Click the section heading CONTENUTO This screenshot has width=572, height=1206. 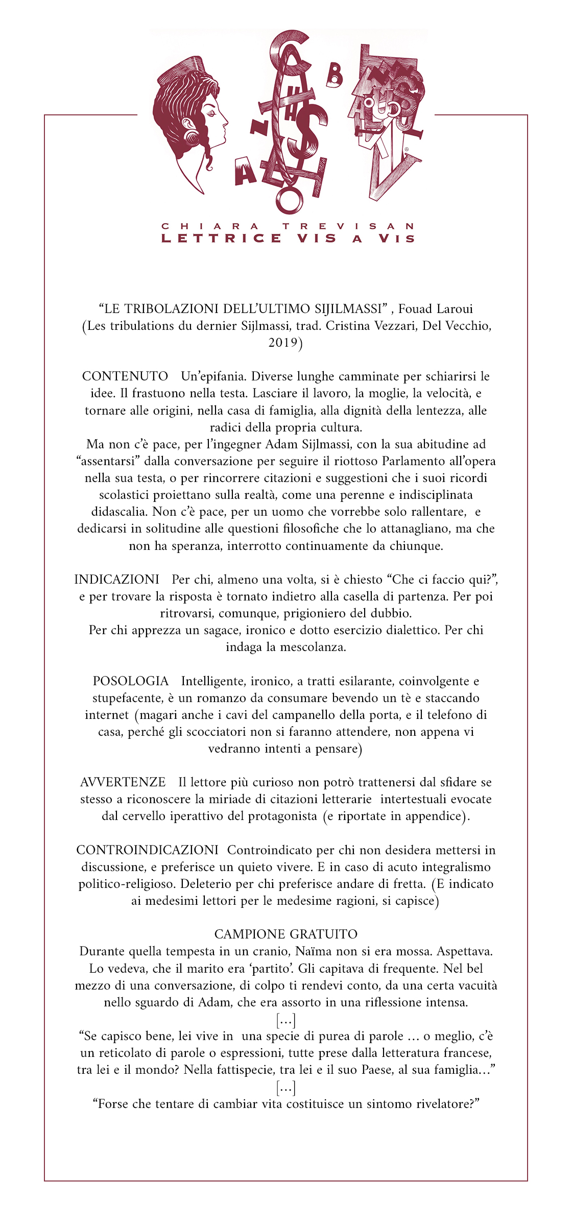[x=125, y=376]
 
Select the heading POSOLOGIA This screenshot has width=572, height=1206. [x=130, y=681]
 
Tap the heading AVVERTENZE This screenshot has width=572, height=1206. [x=123, y=782]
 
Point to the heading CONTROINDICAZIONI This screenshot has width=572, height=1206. [x=147, y=850]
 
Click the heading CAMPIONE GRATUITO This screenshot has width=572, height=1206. [x=285, y=934]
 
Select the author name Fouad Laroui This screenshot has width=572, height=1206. [x=436, y=309]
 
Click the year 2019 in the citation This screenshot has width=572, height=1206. [x=283, y=343]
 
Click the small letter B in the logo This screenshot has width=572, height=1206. [x=334, y=77]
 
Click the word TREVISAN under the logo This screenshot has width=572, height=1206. [x=348, y=226]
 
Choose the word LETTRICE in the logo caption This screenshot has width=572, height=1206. [x=221, y=238]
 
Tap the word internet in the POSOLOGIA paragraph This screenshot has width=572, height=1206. [x=107, y=715]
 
